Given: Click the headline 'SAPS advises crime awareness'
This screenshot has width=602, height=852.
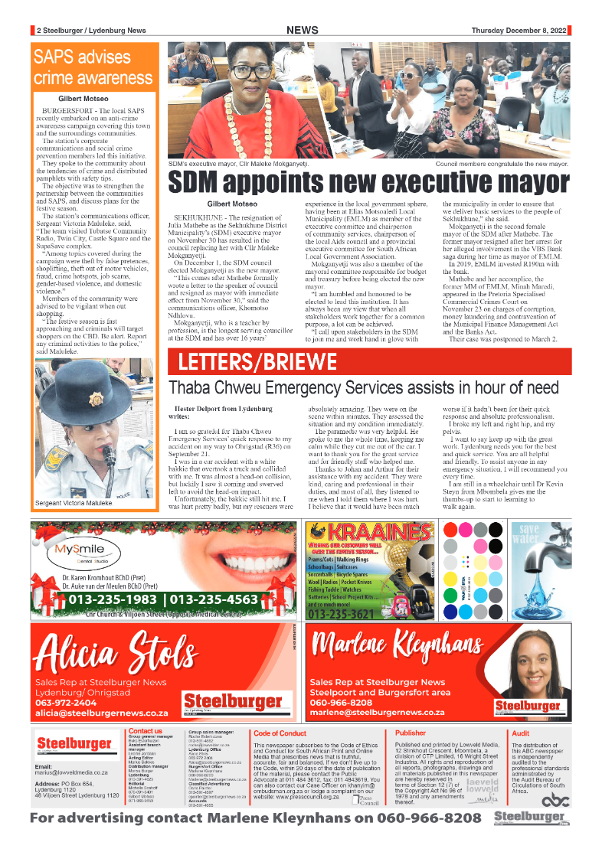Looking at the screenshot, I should click(93, 67).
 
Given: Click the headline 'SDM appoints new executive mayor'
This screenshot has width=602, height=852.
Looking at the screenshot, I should click(369, 184).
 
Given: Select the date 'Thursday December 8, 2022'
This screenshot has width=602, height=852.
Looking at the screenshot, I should click(519, 31).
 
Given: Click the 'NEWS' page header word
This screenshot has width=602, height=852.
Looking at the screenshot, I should click(303, 30).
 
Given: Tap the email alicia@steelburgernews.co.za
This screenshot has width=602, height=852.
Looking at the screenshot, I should click(102, 712).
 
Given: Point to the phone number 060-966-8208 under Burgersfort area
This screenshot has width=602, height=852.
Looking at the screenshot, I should click(341, 703).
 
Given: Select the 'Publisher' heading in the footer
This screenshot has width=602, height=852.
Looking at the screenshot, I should click(410, 733).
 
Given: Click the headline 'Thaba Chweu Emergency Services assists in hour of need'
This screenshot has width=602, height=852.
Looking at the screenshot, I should click(364, 388).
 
